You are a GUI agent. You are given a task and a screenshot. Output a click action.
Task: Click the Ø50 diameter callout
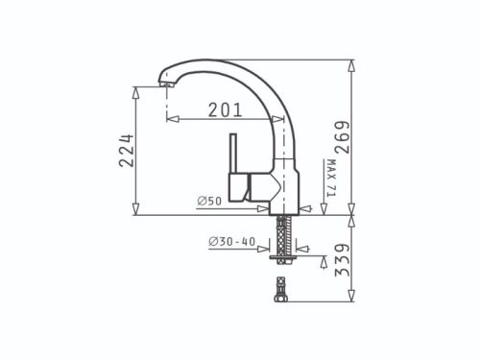(x=209, y=200)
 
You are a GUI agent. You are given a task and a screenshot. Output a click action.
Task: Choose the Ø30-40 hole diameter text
(x=230, y=241)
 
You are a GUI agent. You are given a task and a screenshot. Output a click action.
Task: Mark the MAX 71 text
(x=328, y=180)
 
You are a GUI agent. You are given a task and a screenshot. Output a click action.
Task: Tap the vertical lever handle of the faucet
(x=231, y=155)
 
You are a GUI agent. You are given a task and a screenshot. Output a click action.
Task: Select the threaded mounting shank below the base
(x=280, y=233)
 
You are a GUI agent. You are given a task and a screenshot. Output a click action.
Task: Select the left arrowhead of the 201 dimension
(x=171, y=120)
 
